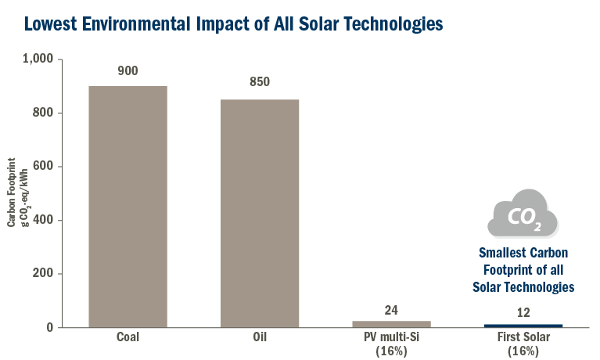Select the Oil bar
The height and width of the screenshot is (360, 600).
[x=259, y=213]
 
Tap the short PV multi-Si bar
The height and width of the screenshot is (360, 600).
[x=391, y=323]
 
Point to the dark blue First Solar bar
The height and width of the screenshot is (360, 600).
[x=523, y=325]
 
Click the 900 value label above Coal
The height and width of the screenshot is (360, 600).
[x=128, y=71]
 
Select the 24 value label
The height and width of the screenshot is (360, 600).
[x=391, y=310]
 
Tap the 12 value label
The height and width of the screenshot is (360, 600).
[x=523, y=313]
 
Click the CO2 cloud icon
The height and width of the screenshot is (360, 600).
[x=523, y=214]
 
